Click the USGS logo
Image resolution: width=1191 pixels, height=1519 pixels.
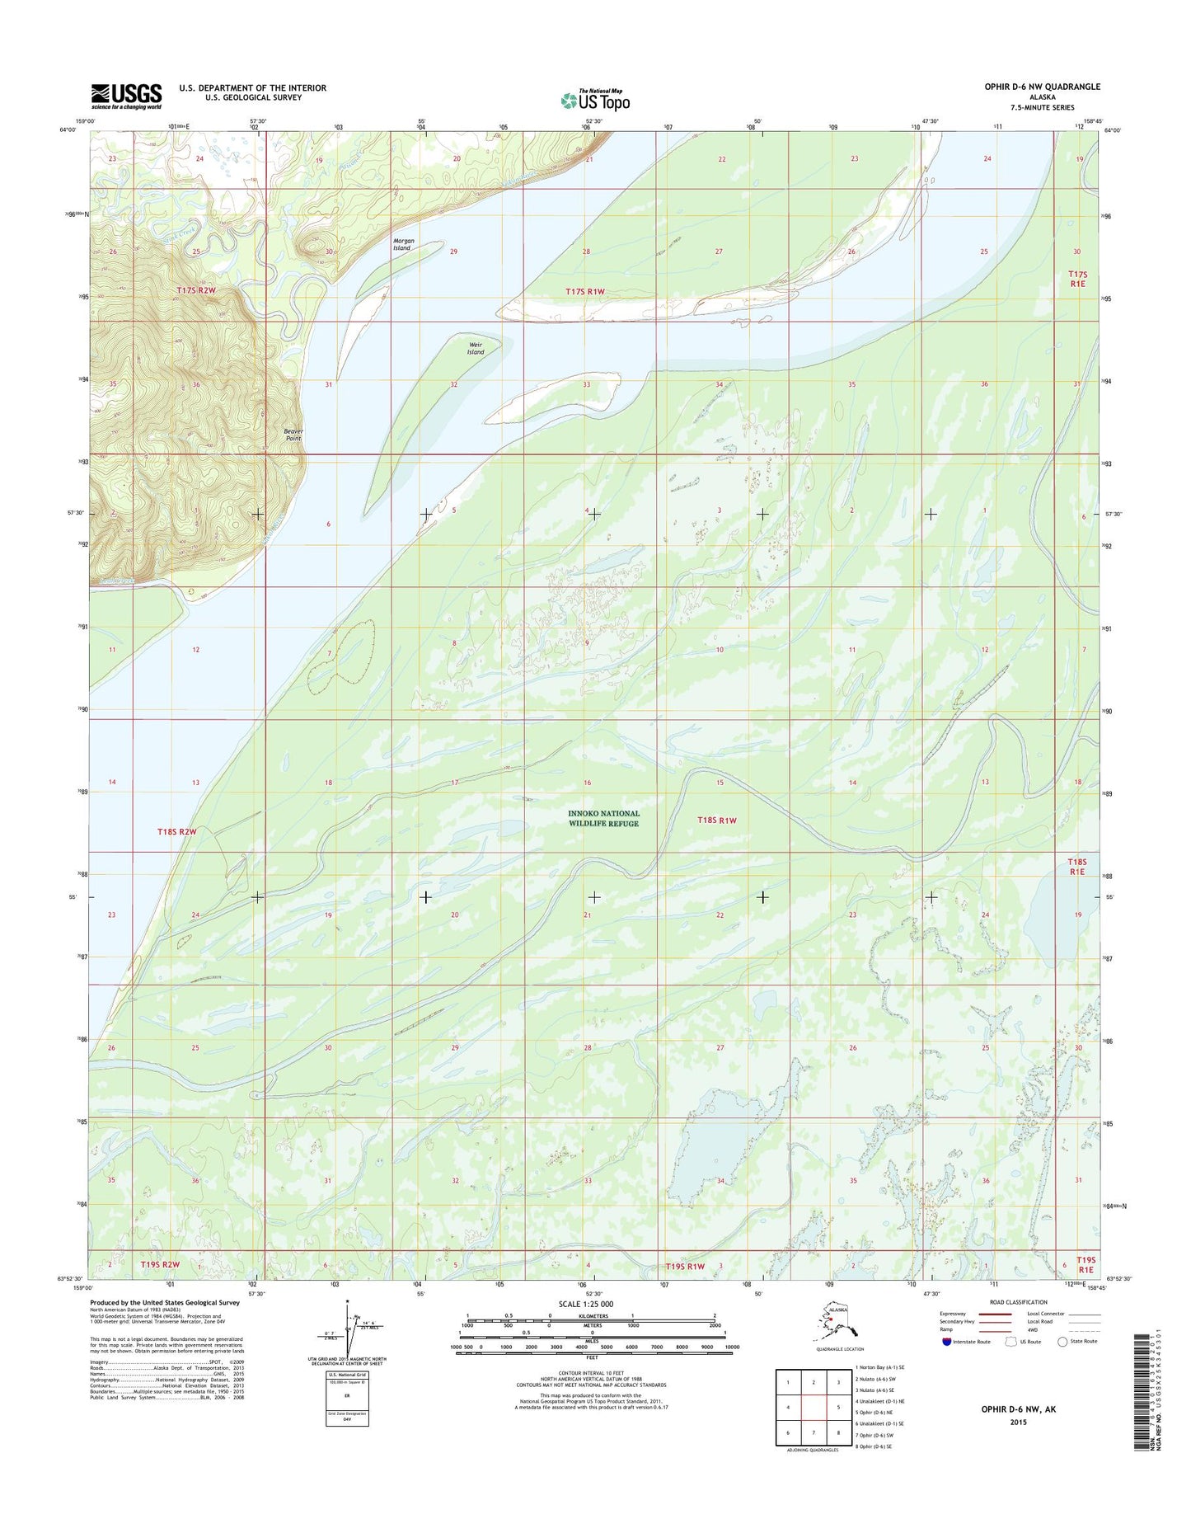[126, 96]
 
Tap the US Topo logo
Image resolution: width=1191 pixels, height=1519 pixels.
[595, 100]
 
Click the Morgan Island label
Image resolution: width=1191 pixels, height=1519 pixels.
[402, 244]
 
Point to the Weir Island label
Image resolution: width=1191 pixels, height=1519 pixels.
[476, 348]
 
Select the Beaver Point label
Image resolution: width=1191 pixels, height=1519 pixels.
[293, 435]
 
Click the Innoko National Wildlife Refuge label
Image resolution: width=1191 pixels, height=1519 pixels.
[603, 818]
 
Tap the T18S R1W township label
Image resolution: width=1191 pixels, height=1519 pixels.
[716, 821]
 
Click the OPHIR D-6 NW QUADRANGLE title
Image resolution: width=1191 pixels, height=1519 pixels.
[1042, 87]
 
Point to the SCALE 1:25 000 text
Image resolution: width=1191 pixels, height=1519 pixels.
[585, 1304]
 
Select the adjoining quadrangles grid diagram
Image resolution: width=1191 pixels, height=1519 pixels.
[814, 1407]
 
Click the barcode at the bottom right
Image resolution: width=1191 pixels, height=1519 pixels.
[1139, 1394]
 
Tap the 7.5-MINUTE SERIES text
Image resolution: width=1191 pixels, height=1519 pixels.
[1042, 107]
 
